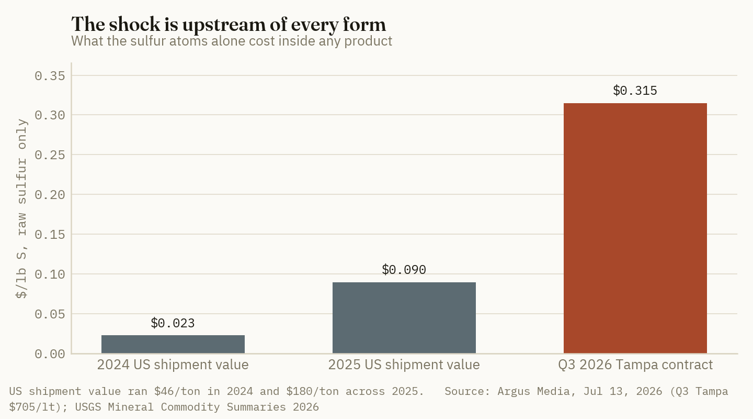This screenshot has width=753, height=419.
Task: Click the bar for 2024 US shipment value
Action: [173, 344]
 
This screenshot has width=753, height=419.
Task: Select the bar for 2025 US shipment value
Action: [404, 318]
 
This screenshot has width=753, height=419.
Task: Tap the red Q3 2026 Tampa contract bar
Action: [635, 228]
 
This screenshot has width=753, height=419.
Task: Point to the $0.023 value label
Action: [173, 323]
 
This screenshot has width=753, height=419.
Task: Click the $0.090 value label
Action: [404, 269]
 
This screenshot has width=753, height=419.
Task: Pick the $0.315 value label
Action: [635, 90]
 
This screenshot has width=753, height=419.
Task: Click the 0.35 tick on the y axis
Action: [50, 76]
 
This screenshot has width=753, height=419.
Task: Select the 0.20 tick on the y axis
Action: [50, 195]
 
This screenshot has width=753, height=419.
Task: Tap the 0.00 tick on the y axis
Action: [50, 354]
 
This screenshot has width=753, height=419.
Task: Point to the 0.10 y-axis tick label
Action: [50, 274]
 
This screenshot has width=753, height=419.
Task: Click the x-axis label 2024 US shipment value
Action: [173, 365]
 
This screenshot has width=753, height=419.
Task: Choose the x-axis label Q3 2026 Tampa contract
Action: [635, 365]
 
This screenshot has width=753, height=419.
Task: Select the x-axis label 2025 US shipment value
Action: [404, 365]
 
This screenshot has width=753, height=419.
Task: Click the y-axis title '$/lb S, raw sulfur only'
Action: [21, 208]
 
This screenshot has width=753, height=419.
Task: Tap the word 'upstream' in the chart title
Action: [234, 25]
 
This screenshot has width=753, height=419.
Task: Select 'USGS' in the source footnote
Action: [88, 407]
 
